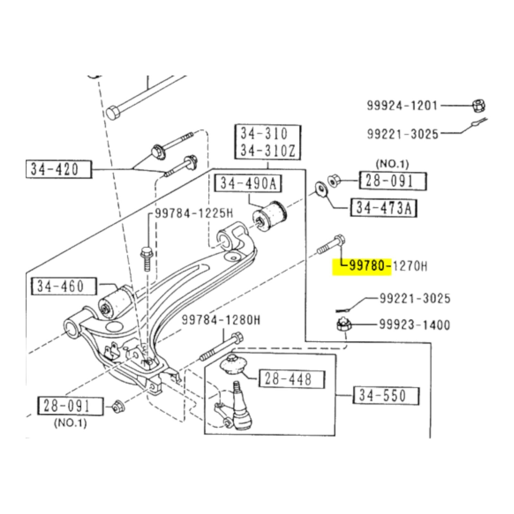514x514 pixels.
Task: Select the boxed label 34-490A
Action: click(x=248, y=183)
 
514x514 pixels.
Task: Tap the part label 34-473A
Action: click(x=384, y=208)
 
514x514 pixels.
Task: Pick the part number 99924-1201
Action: click(x=402, y=106)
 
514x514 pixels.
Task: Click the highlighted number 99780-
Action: click(x=370, y=266)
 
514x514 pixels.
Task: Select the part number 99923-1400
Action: click(x=414, y=325)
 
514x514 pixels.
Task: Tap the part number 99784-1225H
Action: click(x=194, y=213)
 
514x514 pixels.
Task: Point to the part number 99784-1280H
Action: click(x=221, y=320)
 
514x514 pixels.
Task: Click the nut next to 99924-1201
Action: click(x=479, y=106)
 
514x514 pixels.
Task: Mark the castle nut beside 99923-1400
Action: click(x=343, y=325)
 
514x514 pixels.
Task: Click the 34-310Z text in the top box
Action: click(x=268, y=150)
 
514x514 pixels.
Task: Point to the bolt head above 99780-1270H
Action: click(x=340, y=240)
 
